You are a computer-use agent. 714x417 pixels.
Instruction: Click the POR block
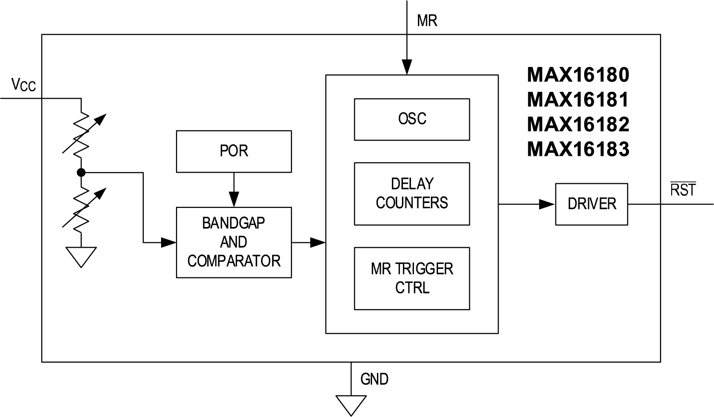pyautogui.click(x=234, y=151)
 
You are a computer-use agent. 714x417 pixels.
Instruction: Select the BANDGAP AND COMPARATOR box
pyautogui.click(x=234, y=242)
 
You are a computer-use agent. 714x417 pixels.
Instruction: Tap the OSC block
pyautogui.click(x=412, y=119)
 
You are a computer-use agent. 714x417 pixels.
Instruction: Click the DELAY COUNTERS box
pyautogui.click(x=412, y=193)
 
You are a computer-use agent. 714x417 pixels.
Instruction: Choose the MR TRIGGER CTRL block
pyautogui.click(x=412, y=278)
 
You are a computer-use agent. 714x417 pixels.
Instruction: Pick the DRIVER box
pyautogui.click(x=591, y=204)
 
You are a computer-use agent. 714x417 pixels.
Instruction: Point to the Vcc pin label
pyautogui.click(x=24, y=85)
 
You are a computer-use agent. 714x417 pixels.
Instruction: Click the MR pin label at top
pyautogui.click(x=427, y=21)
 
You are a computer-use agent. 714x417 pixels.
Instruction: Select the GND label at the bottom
pyautogui.click(x=374, y=379)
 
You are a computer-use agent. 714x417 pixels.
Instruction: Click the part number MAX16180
pyautogui.click(x=578, y=75)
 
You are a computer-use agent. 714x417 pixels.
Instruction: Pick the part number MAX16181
pyautogui.click(x=578, y=100)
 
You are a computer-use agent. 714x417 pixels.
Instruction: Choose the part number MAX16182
pyautogui.click(x=578, y=125)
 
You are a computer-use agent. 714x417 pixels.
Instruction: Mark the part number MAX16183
pyautogui.click(x=578, y=150)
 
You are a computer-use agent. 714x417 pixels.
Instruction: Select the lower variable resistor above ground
pyautogui.click(x=82, y=207)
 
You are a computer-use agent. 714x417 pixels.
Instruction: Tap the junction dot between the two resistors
pyautogui.click(x=81, y=172)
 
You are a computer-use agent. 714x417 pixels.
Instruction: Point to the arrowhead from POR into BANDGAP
pyautogui.click(x=234, y=199)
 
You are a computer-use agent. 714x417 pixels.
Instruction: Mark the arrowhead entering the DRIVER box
pyautogui.click(x=547, y=204)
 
